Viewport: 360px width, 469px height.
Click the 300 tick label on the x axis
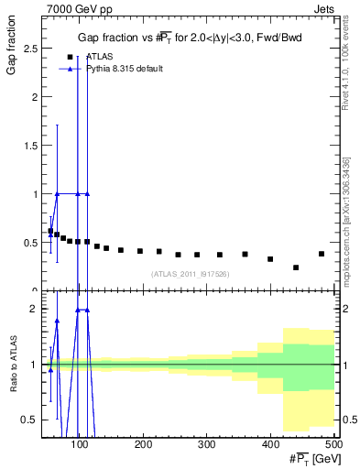click(x=206, y=446)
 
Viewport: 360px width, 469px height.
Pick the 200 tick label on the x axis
click(x=143, y=446)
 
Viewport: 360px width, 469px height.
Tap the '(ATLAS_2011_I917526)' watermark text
click(x=191, y=274)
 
